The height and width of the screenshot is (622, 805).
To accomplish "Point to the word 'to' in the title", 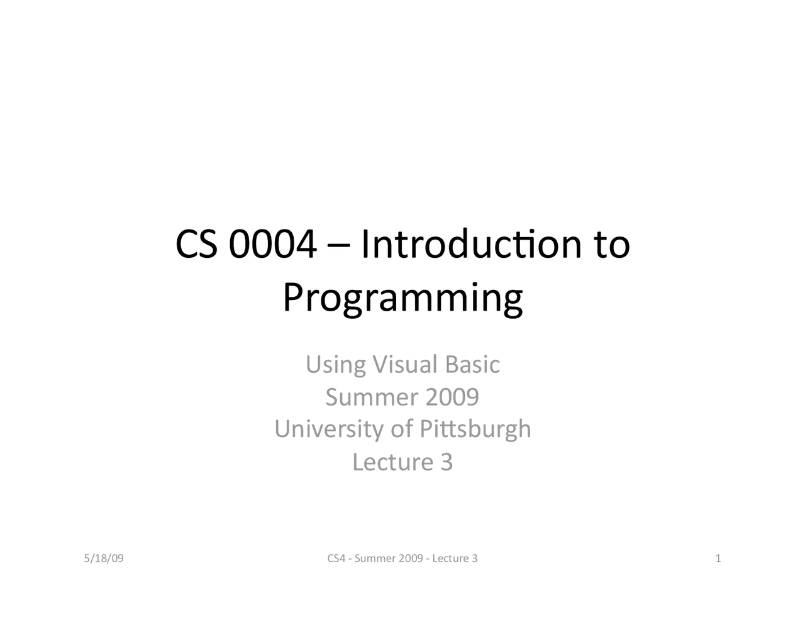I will pyautogui.click(x=611, y=247).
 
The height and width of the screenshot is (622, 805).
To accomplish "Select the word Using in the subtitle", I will pyautogui.click(x=335, y=365).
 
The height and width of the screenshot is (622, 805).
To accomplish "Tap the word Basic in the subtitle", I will pyautogui.click(x=472, y=364).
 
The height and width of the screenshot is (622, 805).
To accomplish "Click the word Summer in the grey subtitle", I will pyautogui.click(x=372, y=397).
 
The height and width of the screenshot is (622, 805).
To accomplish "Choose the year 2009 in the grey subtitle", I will pyautogui.click(x=452, y=397).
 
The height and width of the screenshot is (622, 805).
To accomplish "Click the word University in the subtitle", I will pyautogui.click(x=330, y=430).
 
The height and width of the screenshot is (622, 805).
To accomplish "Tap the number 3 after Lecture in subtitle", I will pyautogui.click(x=446, y=462).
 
